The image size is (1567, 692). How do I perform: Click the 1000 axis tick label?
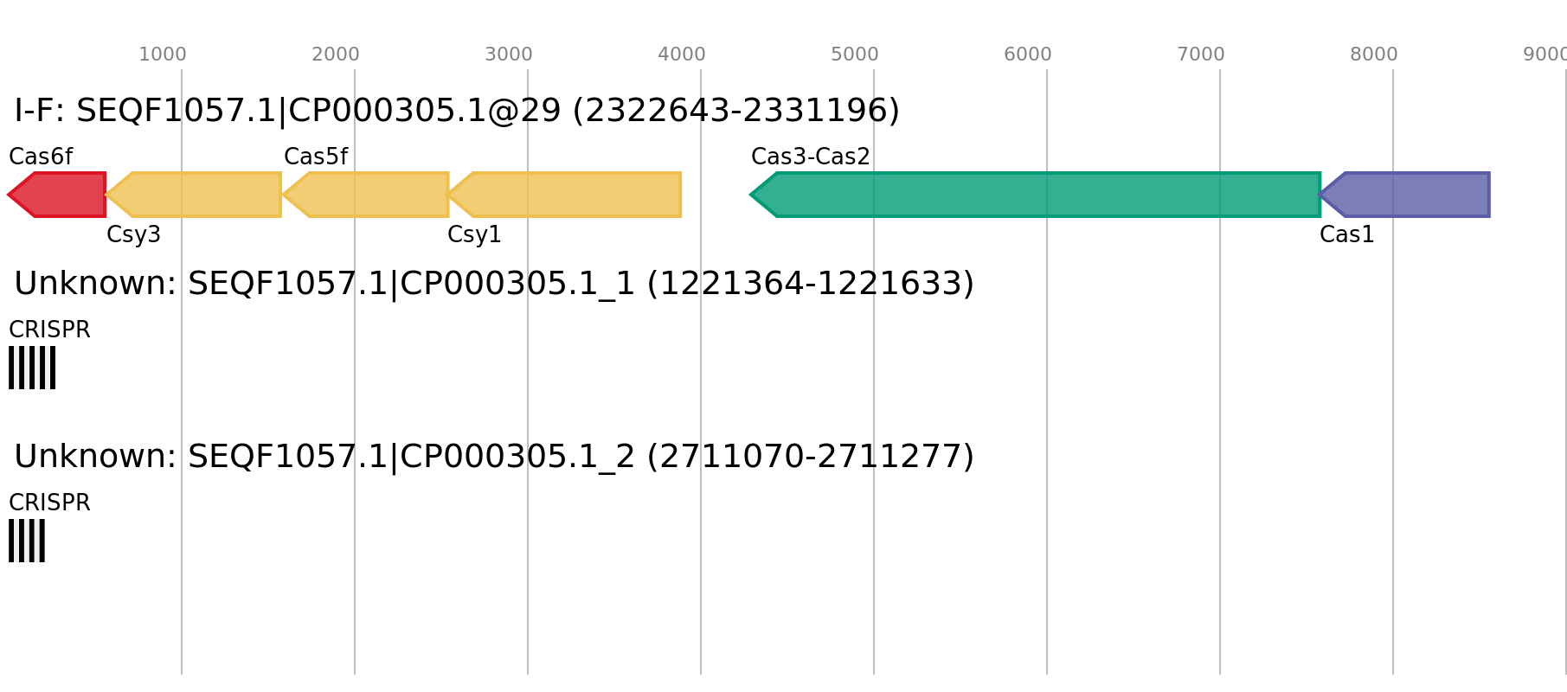[163, 54]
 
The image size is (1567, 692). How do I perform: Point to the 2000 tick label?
[336, 54]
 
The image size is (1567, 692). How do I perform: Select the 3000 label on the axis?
[509, 54]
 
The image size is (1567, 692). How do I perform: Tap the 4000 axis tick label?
[682, 54]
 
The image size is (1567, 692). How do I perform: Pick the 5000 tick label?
[855, 54]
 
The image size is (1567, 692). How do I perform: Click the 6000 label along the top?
[1028, 54]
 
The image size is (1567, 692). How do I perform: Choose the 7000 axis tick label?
[1201, 54]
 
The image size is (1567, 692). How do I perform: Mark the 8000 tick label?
[1374, 54]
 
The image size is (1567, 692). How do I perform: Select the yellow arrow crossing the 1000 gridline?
[199, 195]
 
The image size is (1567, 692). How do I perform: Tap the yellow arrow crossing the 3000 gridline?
[571, 195]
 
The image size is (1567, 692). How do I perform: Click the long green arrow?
[1038, 195]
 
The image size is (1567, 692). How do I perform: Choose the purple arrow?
[1410, 195]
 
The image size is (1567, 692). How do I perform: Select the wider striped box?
[32, 368]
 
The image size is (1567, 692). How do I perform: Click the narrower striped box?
[27, 541]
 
